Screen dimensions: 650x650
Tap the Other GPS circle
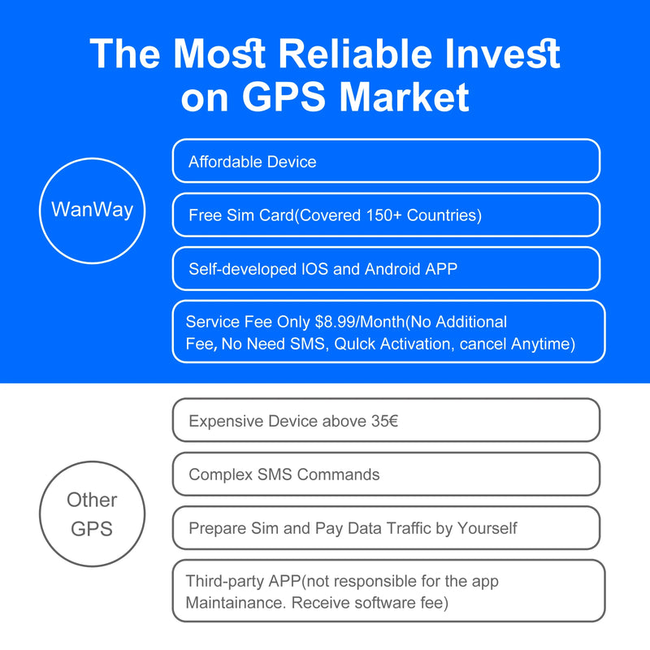[x=92, y=513]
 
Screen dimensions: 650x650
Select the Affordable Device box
[x=386, y=161]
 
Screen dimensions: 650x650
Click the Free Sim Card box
[x=386, y=215]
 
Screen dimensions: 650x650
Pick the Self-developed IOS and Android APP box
[x=386, y=269]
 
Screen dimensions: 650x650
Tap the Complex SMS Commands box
[x=386, y=474]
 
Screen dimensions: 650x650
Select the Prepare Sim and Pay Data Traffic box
[x=386, y=528]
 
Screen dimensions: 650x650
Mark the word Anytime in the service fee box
[x=543, y=344]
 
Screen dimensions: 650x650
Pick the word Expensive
[x=226, y=421]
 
